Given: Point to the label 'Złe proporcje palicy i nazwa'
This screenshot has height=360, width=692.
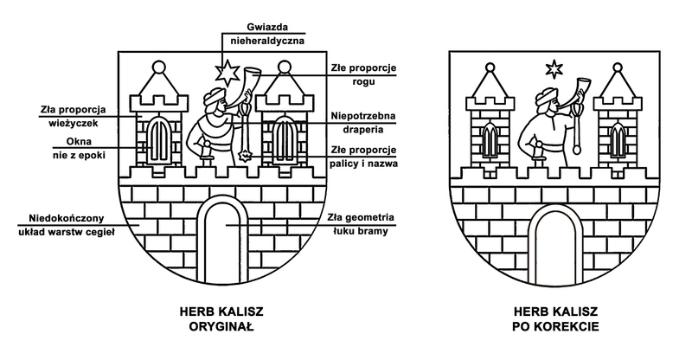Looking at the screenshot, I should [x=356, y=157].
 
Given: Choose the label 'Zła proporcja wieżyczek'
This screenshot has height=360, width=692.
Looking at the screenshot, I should [x=72, y=117].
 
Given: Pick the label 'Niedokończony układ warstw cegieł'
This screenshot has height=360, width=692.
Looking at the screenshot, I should [x=65, y=223].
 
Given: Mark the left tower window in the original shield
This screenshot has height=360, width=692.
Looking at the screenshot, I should [x=159, y=138].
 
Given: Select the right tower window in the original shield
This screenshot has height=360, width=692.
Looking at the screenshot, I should [x=283, y=138].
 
